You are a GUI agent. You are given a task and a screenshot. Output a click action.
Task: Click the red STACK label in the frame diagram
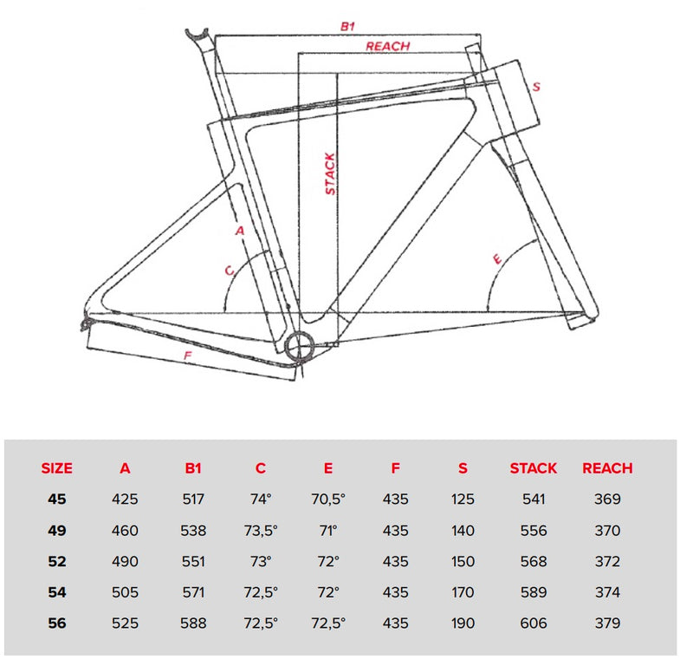click(331, 174)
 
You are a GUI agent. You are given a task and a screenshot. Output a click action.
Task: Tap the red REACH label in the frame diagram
click(387, 46)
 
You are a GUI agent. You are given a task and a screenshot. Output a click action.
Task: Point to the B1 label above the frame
click(348, 27)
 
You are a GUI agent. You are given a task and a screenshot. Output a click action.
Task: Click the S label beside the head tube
click(536, 87)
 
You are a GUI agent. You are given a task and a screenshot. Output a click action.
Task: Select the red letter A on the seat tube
click(240, 231)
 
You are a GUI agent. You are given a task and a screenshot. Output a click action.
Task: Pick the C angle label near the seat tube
click(230, 270)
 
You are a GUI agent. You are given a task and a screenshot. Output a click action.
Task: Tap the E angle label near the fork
click(497, 259)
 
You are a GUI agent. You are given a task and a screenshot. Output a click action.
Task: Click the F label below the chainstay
click(188, 356)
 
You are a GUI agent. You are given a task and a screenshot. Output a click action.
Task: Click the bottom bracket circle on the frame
click(299, 346)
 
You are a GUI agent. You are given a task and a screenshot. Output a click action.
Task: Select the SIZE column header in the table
click(56, 468)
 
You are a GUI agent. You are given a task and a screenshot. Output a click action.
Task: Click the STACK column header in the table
click(534, 468)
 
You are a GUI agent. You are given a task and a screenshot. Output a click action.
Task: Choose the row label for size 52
click(57, 561)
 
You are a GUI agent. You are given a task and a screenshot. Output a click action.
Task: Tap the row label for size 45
click(57, 499)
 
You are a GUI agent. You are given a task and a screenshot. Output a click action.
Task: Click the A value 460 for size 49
click(125, 530)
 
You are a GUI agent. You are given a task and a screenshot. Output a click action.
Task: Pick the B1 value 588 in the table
click(193, 624)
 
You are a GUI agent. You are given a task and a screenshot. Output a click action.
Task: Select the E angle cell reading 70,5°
click(328, 499)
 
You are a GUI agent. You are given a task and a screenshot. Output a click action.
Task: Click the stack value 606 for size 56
click(534, 624)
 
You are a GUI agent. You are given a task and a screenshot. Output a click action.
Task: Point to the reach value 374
click(607, 592)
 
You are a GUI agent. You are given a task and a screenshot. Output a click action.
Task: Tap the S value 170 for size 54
click(463, 592)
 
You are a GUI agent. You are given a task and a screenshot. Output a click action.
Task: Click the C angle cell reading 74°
click(261, 499)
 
